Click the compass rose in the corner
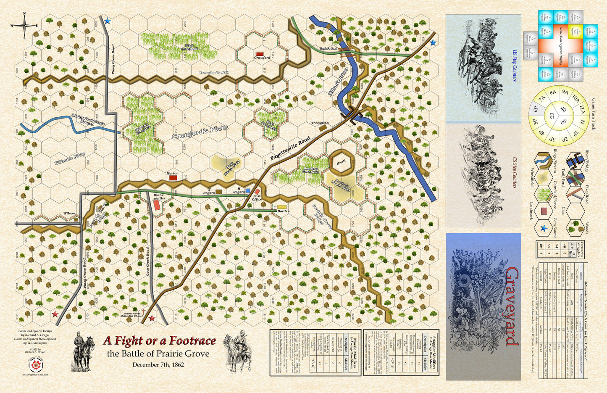[24, 25]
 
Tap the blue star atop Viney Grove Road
[108, 21]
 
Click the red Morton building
[173, 178]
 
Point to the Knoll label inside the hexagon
[341, 162]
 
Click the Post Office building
[257, 192]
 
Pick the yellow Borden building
[281, 207]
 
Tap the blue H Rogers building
[248, 191]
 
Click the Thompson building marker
[323, 128]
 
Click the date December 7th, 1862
[158, 364]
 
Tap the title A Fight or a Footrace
[159, 341]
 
